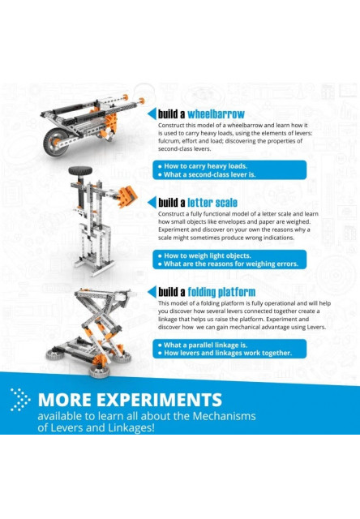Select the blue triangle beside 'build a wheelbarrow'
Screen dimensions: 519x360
point(151,114)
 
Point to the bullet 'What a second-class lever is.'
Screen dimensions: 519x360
point(206,174)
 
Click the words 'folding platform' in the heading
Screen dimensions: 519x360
point(221,292)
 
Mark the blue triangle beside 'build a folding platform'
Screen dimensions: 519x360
point(151,292)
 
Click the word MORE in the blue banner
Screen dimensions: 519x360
point(66,400)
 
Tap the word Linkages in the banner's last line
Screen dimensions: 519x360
point(118,428)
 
